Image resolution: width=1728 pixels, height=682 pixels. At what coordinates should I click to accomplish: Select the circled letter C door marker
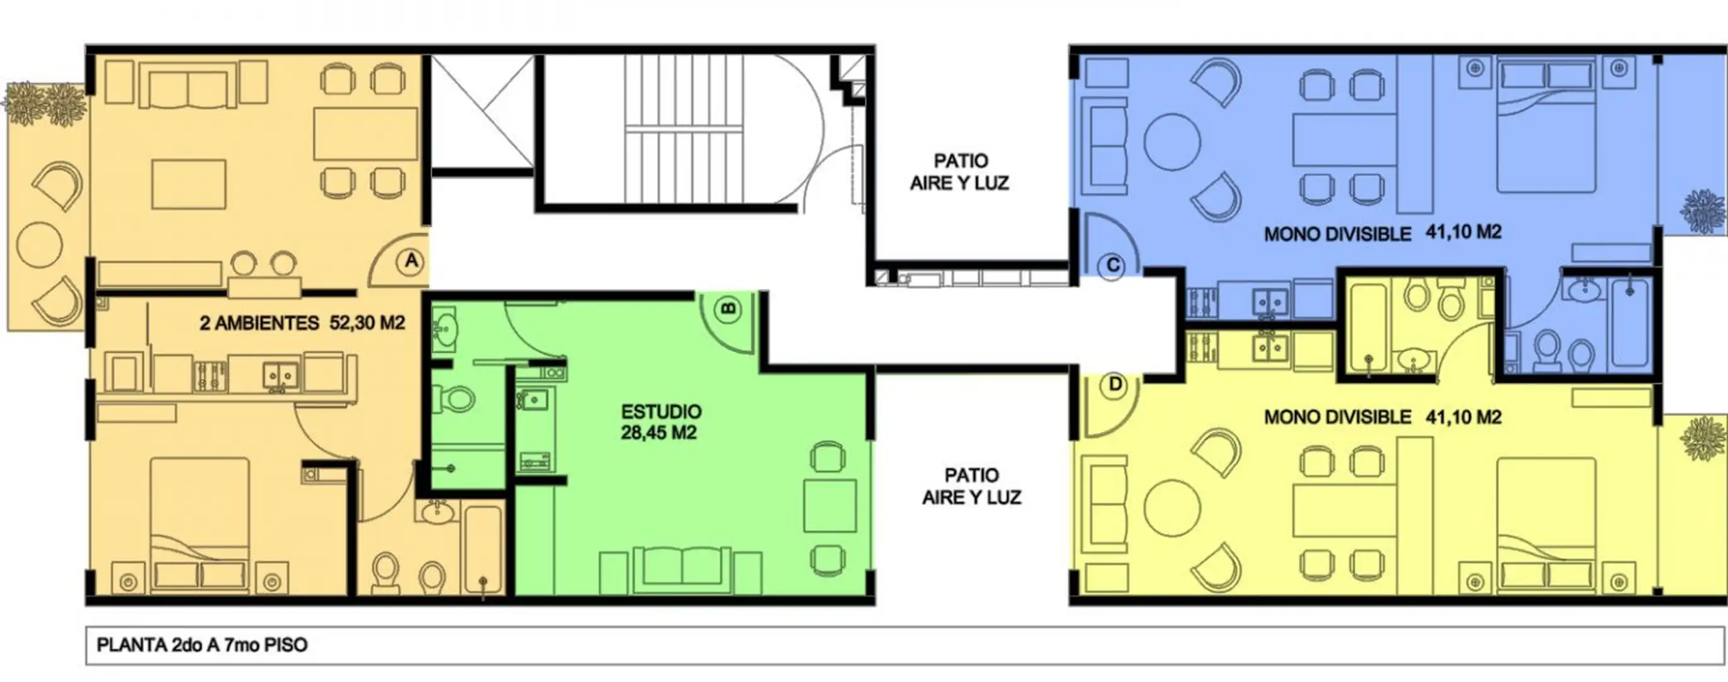(x=1111, y=266)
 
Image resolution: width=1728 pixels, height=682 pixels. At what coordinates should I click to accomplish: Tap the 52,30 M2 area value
(x=367, y=323)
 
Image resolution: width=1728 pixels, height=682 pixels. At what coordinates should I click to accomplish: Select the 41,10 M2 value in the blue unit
(x=1463, y=232)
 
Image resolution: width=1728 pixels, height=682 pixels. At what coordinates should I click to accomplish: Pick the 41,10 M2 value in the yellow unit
(x=1463, y=417)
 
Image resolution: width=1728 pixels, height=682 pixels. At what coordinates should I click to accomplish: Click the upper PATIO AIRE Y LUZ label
(x=960, y=172)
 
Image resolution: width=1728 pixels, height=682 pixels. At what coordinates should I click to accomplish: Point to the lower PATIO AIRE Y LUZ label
(x=972, y=486)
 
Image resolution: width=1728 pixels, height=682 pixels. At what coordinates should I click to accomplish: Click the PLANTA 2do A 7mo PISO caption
(x=202, y=645)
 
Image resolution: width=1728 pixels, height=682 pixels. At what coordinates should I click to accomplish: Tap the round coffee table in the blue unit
(x=1172, y=142)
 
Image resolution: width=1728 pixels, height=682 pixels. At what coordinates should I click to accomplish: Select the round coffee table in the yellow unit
(x=1172, y=508)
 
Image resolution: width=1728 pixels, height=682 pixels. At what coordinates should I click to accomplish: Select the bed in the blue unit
(x=1546, y=126)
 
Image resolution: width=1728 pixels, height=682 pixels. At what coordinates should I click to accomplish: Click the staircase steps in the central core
(x=684, y=128)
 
